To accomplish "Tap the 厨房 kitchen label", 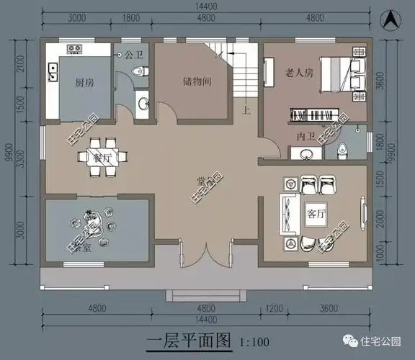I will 84,83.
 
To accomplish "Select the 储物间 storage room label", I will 196,82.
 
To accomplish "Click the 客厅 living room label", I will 316,213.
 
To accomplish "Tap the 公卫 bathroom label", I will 134,55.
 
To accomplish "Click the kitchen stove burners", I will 75,49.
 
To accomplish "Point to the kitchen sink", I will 53,71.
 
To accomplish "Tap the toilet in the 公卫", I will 140,71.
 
